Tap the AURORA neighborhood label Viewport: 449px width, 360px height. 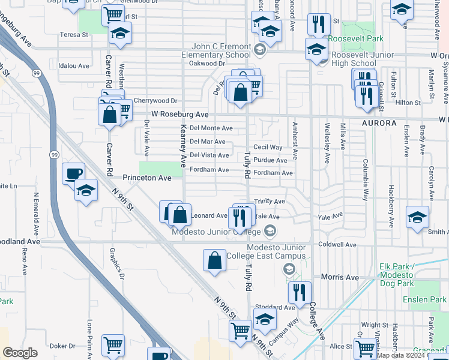tap(379, 123)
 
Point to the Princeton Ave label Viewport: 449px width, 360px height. tap(147, 178)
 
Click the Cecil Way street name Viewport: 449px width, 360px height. tap(268, 147)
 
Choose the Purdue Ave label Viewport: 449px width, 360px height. tap(270, 160)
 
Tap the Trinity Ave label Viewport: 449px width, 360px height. tap(270, 202)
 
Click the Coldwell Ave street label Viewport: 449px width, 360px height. tap(337, 245)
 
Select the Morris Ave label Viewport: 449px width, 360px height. tap(340, 277)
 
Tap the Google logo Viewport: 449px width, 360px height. tap(20, 352)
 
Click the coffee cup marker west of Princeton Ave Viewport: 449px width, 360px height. tap(73, 174)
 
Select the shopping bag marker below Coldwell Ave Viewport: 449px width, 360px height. tap(214, 261)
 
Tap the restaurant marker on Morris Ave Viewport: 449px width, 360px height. tap(299, 293)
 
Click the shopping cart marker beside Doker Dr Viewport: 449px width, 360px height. tap(113, 345)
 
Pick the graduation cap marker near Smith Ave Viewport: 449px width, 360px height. tap(417, 218)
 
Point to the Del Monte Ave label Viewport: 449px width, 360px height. tap(211, 128)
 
